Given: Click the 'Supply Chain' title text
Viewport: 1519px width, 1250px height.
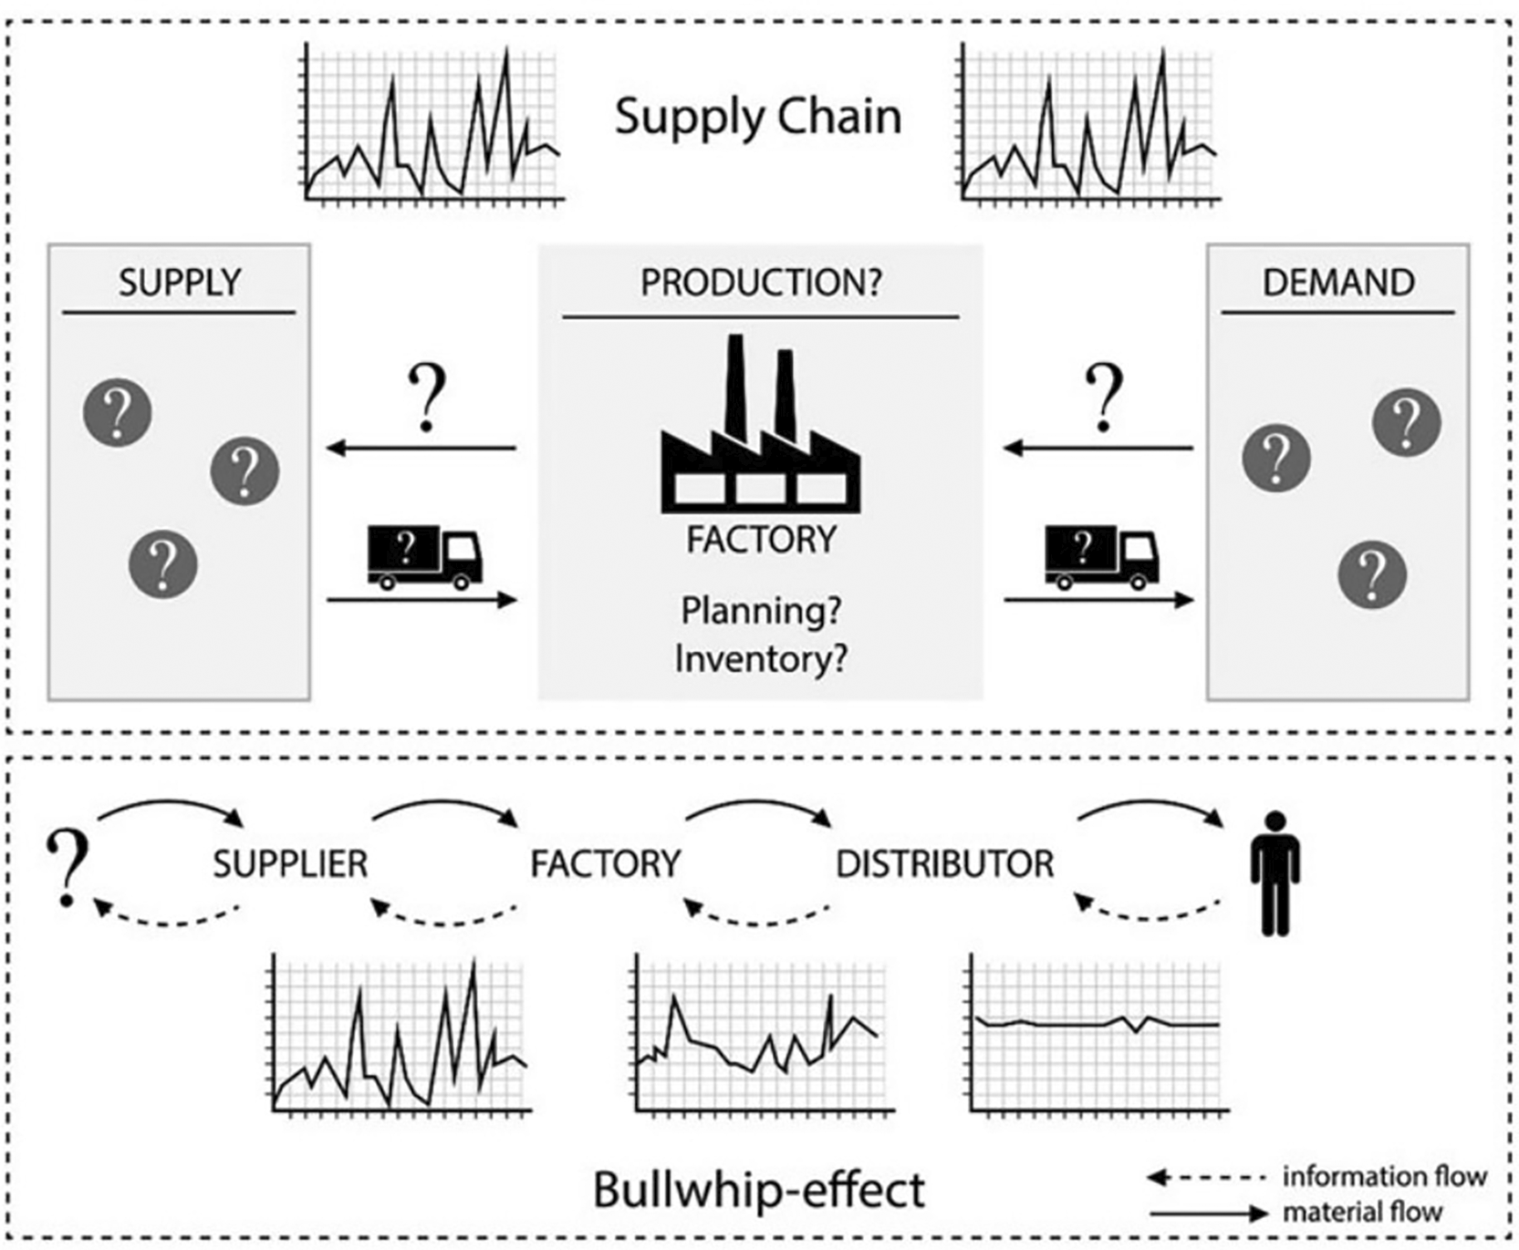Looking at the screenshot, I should click(x=757, y=118).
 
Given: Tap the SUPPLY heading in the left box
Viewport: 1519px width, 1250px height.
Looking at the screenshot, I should click(x=180, y=283).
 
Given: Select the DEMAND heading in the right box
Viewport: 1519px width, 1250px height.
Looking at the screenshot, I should click(x=1338, y=283).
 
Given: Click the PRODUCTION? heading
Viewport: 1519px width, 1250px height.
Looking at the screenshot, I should click(x=761, y=283).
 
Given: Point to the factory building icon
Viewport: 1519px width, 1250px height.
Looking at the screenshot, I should click(x=760, y=429).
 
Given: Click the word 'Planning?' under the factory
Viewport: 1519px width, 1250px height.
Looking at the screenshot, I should click(x=761, y=610).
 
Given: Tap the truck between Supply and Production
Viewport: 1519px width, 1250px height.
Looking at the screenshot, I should click(x=424, y=556).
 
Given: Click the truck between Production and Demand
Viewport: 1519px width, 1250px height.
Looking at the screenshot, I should click(x=1101, y=556).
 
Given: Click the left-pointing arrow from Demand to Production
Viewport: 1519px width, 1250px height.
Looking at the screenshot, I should click(x=1098, y=448).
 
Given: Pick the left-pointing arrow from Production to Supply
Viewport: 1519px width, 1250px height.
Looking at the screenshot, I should click(x=421, y=448).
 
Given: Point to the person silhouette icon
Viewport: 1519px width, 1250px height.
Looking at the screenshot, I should click(x=1275, y=873).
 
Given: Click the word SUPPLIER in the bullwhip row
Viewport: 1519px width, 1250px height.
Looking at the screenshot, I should click(x=290, y=863).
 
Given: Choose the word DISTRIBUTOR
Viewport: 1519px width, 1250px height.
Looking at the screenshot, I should click(x=945, y=863).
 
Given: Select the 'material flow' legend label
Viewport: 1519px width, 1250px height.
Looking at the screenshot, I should click(x=1363, y=1212).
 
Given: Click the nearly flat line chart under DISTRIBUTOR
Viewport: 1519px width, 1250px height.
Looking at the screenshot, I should click(x=1095, y=1035).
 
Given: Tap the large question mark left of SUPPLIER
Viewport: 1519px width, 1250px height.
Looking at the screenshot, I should click(x=68, y=866).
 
